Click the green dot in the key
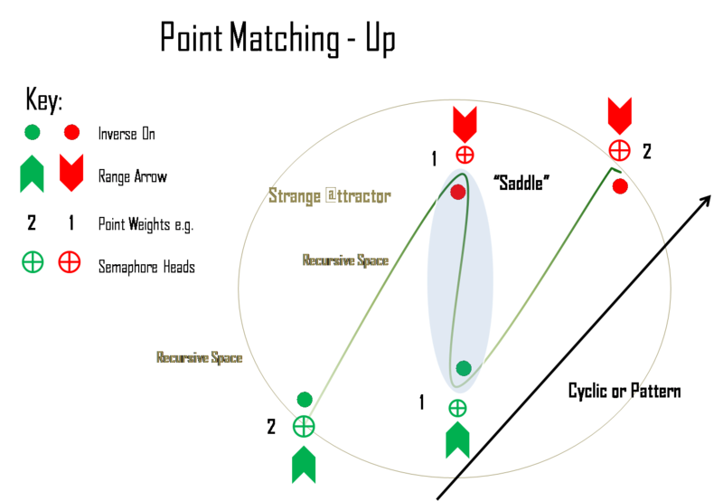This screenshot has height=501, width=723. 33,133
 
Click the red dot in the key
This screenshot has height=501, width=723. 71,133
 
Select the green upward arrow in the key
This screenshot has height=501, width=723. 33,174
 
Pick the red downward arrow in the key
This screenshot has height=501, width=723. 71,173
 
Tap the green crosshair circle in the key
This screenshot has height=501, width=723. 33,263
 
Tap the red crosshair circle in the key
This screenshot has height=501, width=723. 70,263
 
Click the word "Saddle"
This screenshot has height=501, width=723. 522,182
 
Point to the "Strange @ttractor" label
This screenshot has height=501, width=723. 330,195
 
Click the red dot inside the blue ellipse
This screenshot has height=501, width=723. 458,192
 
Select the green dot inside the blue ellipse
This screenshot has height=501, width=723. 464,368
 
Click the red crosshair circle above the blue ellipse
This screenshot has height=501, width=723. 465,154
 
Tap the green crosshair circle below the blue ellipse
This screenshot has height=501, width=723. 458,408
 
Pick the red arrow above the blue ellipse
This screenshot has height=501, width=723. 464,123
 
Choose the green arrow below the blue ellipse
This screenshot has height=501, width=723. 458,440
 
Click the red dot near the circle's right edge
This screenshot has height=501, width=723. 620,186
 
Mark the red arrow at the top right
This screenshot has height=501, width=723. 620,117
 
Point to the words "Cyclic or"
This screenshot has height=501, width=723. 596,391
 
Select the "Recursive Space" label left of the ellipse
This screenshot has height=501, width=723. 345,260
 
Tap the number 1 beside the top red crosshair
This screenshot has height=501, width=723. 434,159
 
